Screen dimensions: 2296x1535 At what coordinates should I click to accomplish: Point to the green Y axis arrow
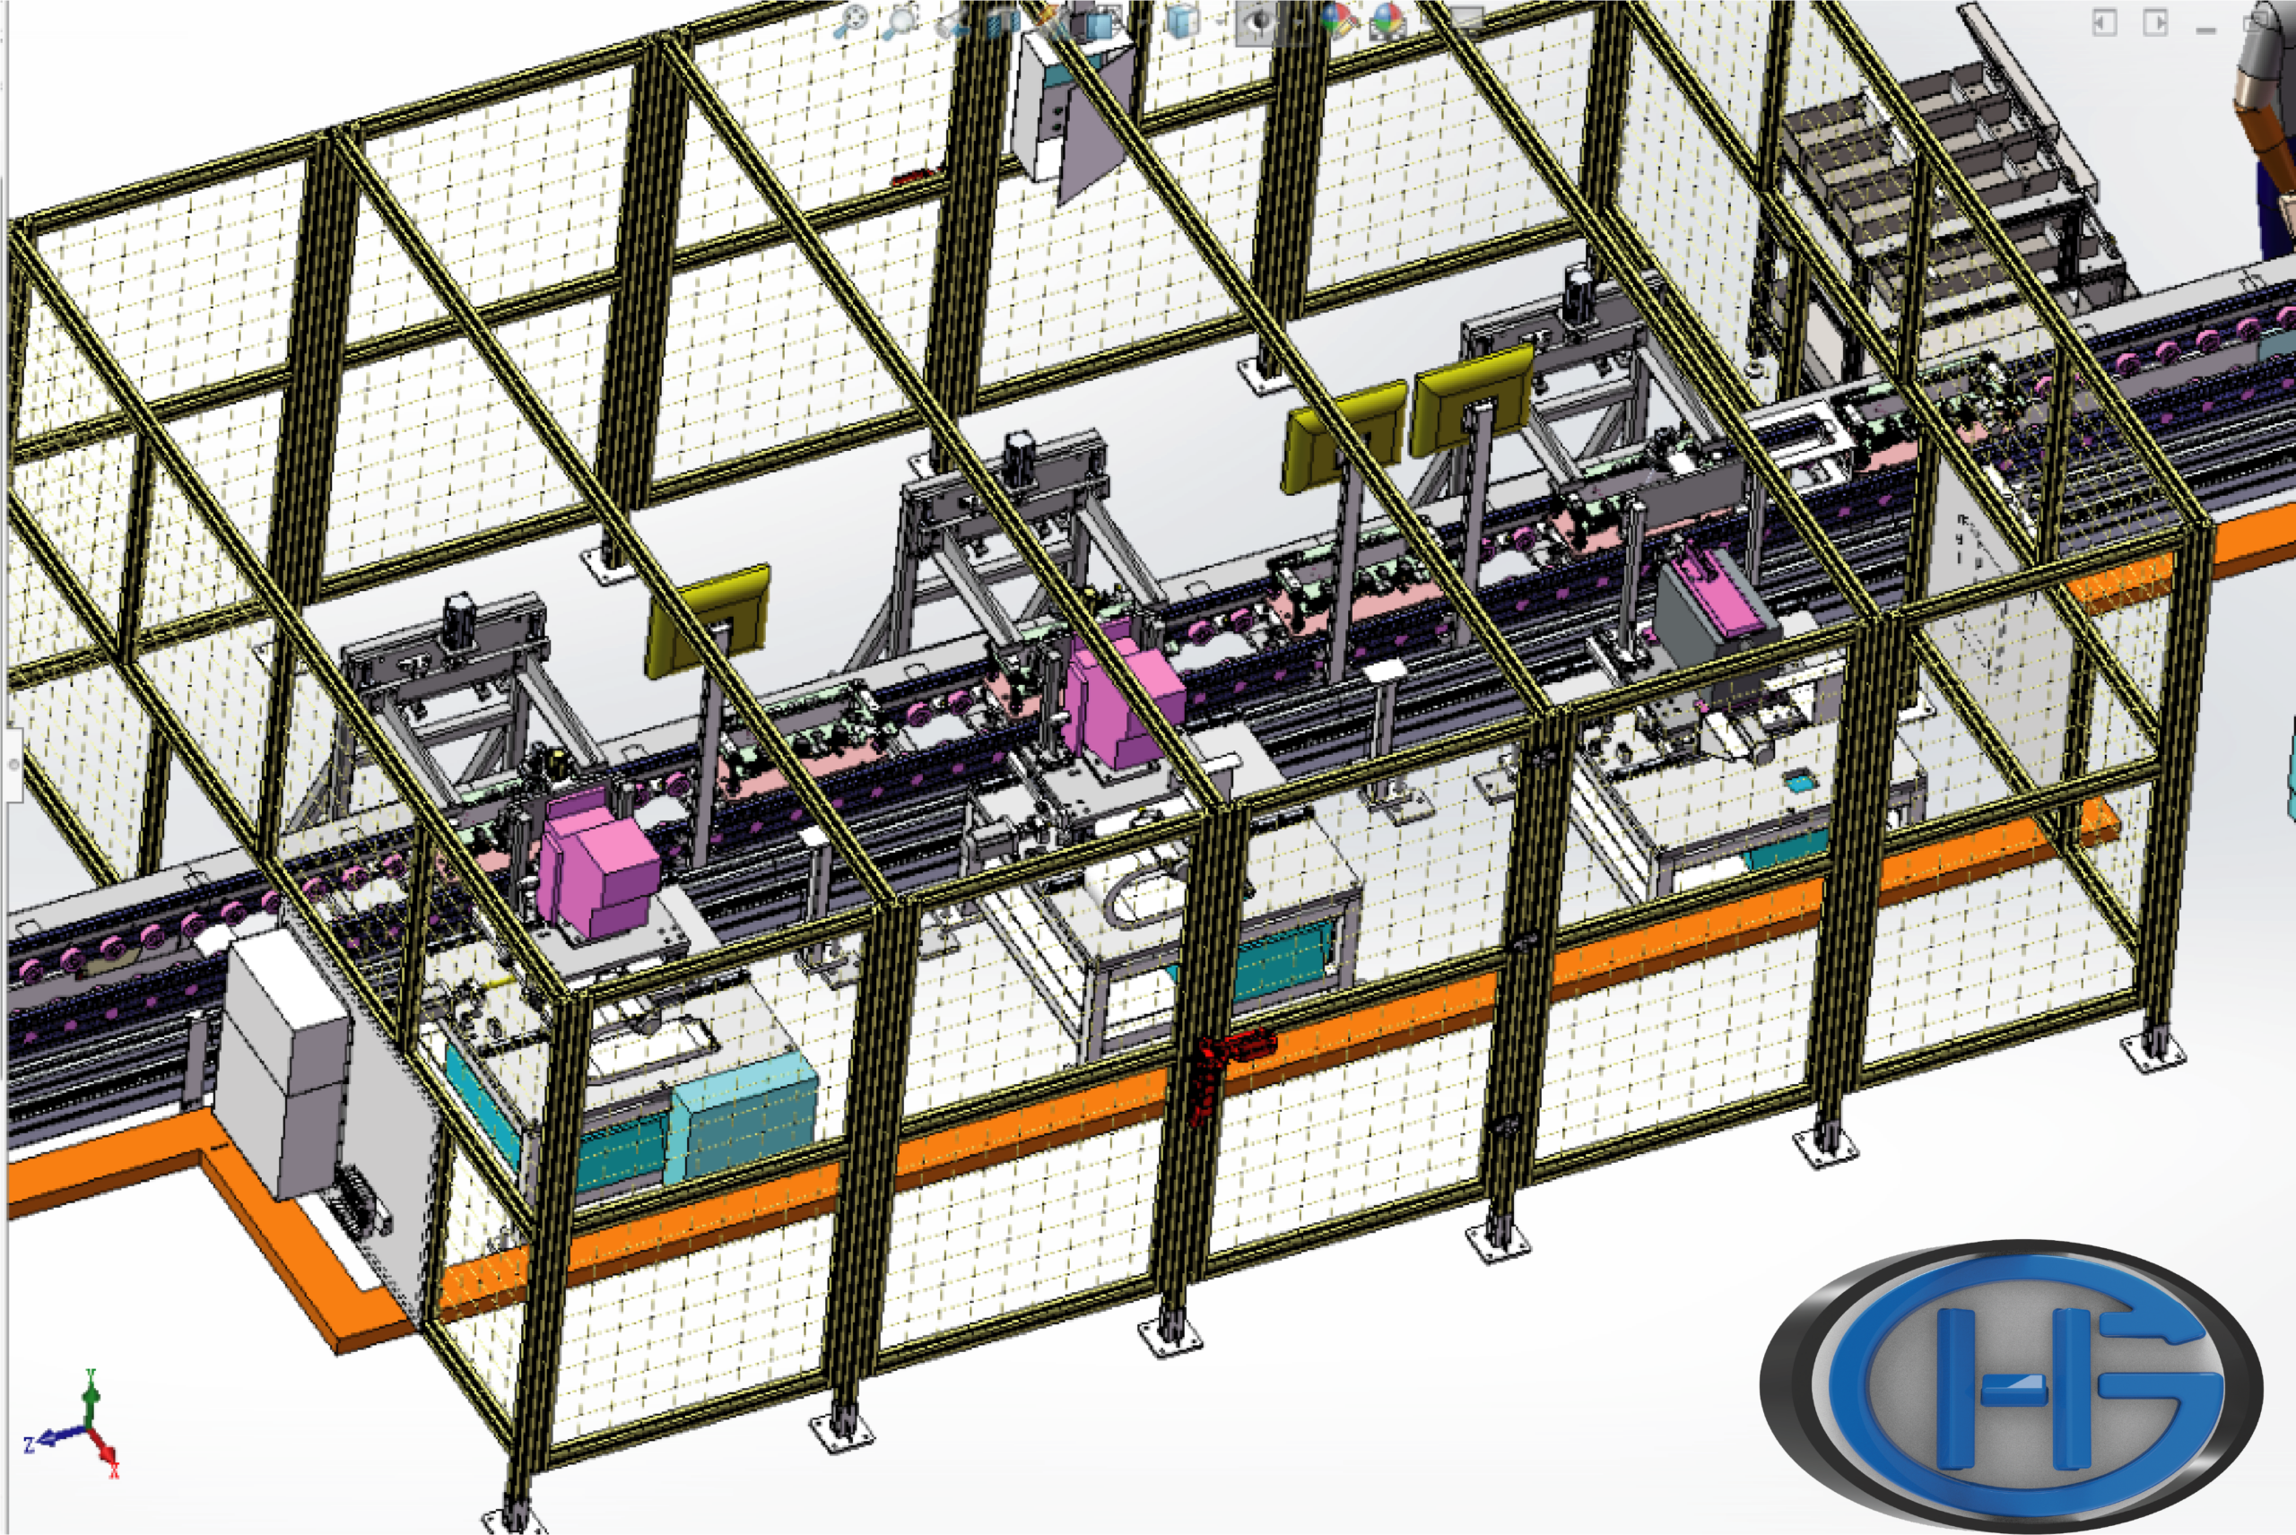tap(90, 1400)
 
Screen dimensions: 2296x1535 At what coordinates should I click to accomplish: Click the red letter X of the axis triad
tap(114, 1470)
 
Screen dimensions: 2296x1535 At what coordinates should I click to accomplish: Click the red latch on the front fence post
tap(1229, 1067)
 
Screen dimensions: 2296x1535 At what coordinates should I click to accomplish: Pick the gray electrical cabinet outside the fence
tap(284, 1062)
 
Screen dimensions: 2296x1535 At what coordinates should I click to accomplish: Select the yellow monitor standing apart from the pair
tap(708, 619)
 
